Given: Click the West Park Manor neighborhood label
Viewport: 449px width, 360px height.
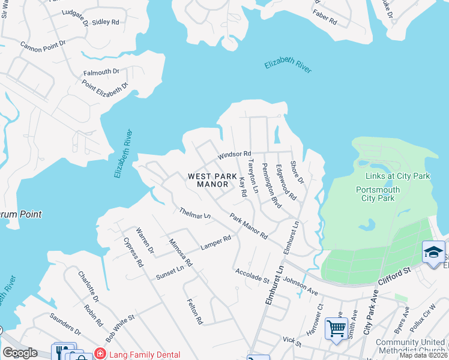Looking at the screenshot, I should click(208, 180).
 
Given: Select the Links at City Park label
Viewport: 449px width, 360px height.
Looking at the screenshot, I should click(398, 176).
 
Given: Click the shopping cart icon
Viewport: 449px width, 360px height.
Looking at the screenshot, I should click(336, 328).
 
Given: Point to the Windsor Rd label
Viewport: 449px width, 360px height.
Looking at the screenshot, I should click(234, 155).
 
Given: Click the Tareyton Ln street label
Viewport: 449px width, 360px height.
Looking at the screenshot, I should click(253, 176).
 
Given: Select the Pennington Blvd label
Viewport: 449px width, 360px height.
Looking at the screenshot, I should click(271, 187).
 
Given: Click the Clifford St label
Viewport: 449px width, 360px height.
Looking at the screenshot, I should click(394, 276).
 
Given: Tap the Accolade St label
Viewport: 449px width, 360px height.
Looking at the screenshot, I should click(252, 275).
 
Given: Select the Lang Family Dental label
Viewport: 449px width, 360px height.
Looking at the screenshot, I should click(142, 355).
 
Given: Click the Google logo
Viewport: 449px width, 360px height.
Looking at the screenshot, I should click(20, 353).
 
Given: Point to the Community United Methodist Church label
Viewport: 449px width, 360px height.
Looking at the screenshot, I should click(411, 346).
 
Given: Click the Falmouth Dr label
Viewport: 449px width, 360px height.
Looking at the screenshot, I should click(101, 72).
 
